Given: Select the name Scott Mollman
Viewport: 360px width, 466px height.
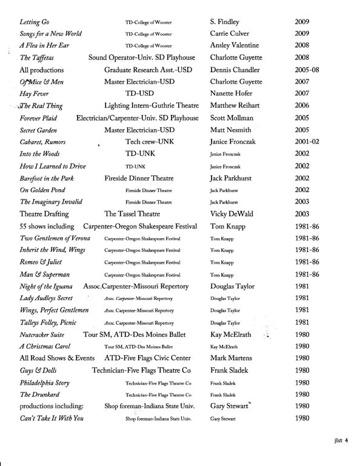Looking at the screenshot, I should [x=236, y=117].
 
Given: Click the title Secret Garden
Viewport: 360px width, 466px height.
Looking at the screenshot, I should [x=41, y=129].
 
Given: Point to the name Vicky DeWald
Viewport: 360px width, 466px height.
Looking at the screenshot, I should [x=235, y=214].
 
